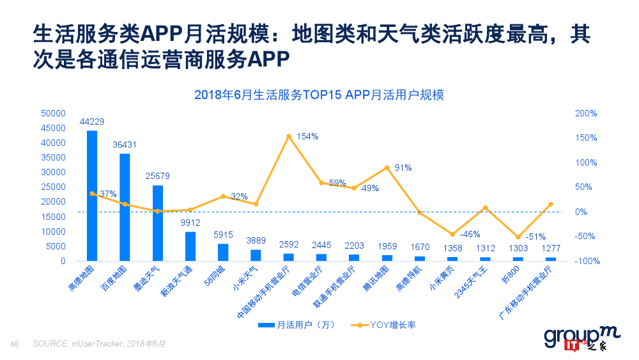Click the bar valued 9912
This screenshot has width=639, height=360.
(190, 246)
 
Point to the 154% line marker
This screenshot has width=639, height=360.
(289, 136)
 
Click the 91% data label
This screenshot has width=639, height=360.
(403, 168)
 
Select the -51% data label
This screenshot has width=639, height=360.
(535, 237)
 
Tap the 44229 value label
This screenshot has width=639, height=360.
(92, 121)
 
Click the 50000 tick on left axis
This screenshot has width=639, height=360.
(53, 113)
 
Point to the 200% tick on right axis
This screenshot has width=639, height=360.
(586, 113)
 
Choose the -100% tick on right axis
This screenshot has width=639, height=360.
(584, 261)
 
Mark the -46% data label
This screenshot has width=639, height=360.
(470, 233)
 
